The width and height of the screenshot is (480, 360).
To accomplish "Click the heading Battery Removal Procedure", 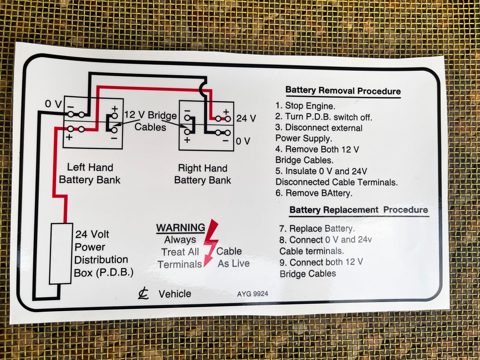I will point(343,91).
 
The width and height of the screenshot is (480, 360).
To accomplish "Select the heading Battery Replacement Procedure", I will point(358,210).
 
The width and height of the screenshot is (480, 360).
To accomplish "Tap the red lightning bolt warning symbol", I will point(210,242).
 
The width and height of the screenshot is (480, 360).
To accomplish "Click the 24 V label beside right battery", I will point(246,118).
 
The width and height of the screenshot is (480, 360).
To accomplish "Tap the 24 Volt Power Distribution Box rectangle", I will point(61,254).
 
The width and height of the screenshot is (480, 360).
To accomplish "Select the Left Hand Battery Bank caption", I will point(90,173).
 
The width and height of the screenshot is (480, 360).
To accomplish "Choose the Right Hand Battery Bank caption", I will point(202,174).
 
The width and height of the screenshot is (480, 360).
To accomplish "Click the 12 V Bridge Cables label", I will point(150,121).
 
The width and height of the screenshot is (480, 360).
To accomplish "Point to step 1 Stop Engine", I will point(306,106).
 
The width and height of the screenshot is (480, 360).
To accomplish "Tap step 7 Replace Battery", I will point(317,229).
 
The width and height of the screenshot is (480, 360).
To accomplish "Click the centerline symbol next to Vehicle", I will point(143,294).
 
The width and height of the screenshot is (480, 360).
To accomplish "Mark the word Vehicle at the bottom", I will point(175,294).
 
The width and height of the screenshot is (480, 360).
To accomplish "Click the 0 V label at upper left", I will point(53,104).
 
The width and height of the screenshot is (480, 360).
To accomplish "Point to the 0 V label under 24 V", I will point(243,141).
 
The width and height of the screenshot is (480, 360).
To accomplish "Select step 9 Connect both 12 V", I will point(321,262).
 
